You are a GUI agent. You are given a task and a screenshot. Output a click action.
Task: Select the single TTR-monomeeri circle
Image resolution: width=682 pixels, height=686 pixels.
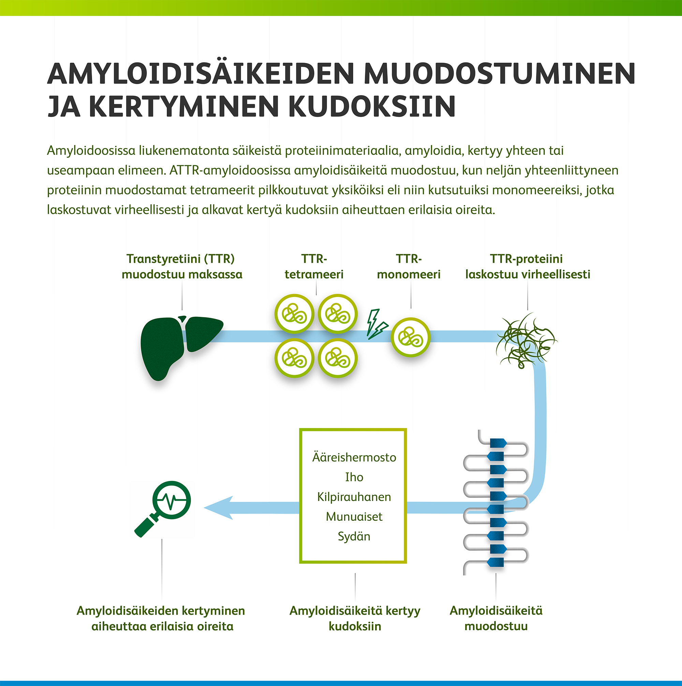[x=411, y=337]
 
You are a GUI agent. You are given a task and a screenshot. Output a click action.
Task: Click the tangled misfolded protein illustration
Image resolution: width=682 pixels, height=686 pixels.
[x=526, y=341]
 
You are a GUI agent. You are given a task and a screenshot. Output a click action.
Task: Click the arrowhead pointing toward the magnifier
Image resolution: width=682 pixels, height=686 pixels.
[x=219, y=508]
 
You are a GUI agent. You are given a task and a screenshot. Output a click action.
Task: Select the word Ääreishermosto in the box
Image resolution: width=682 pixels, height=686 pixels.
[x=354, y=457]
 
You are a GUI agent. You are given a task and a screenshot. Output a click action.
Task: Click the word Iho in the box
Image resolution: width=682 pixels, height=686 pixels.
[x=354, y=477]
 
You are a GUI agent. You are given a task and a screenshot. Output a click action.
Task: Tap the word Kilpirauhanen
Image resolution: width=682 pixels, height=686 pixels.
[x=354, y=497]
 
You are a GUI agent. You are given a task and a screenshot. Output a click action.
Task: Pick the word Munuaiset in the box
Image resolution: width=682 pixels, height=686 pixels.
[x=354, y=516]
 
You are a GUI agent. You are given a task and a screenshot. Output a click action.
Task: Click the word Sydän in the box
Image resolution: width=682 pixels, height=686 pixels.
[x=354, y=536]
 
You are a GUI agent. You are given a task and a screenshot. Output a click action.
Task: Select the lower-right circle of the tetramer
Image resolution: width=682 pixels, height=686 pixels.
[x=338, y=358]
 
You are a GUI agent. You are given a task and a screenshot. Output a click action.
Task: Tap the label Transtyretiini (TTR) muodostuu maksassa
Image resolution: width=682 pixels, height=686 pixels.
[x=182, y=266]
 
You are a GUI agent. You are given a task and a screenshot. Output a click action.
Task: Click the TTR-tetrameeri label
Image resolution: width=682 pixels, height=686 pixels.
[x=314, y=266]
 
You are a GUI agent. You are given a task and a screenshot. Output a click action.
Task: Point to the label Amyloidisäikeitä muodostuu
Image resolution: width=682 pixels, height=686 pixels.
[x=496, y=618]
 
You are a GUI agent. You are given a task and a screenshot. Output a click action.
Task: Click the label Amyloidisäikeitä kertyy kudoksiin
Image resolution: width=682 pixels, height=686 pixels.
[x=355, y=618]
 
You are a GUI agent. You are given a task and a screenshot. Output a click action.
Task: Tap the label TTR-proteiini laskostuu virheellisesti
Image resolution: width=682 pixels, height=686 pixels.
[x=528, y=266]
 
